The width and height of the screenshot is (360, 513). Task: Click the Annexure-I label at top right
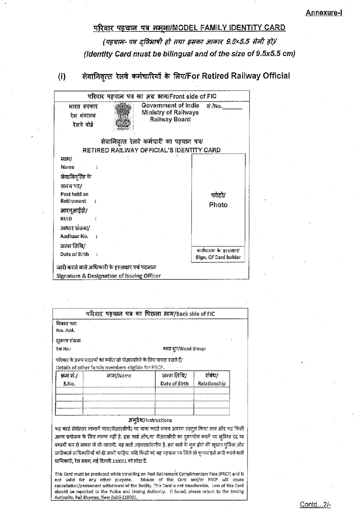tap(323, 13)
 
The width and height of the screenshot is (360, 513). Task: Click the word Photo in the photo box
tap(218, 205)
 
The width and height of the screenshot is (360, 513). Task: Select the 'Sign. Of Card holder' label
tap(218, 257)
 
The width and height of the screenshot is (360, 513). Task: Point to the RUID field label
tap(66, 219)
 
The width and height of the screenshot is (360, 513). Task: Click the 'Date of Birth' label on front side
tap(74, 254)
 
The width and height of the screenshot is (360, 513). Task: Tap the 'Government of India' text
tap(170, 105)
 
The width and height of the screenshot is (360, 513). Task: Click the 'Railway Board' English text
tap(170, 120)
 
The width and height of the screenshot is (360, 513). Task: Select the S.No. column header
tap(69, 383)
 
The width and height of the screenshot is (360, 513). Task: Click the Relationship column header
tap(212, 383)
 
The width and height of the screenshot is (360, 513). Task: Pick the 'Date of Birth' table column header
tap(174, 383)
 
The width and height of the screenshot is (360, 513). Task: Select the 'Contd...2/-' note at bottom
tap(315, 504)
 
